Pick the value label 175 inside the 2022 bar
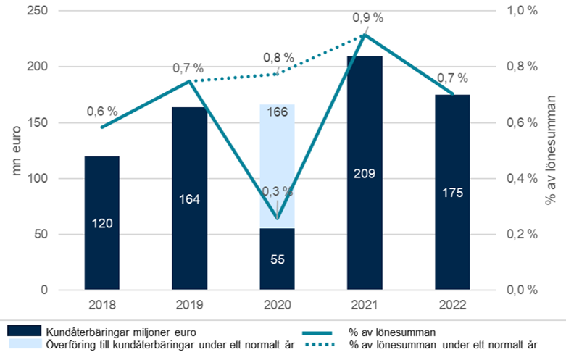pyautogui.click(x=453, y=193)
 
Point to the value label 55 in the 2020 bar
pyautogui.click(x=277, y=259)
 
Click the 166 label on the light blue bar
pyautogui.click(x=277, y=112)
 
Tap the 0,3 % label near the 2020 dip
pyautogui.click(x=278, y=191)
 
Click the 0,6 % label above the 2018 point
pyautogui.click(x=102, y=112)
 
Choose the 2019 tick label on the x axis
pyautogui.click(x=189, y=305)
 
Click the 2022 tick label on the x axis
pyautogui.click(x=453, y=305)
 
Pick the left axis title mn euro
pyautogui.click(x=16, y=151)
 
